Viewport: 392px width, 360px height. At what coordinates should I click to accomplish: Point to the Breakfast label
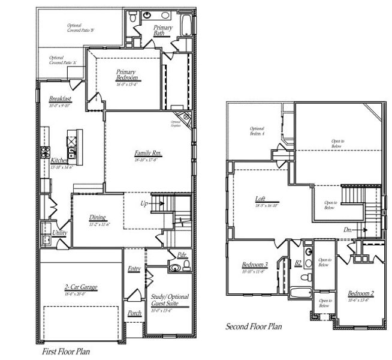click(60, 98)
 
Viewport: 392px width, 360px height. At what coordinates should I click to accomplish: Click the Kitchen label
click(59, 161)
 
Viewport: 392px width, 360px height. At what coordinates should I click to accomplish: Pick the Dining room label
click(98, 217)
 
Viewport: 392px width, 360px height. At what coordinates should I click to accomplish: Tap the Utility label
click(59, 233)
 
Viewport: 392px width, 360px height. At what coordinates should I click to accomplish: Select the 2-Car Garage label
click(80, 287)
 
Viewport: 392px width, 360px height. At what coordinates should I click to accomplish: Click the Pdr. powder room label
click(174, 254)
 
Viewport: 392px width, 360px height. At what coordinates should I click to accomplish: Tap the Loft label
click(260, 199)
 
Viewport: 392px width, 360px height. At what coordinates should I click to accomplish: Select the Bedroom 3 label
click(255, 265)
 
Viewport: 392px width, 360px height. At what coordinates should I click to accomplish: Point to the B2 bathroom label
click(298, 262)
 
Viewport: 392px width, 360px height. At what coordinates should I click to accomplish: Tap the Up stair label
click(144, 203)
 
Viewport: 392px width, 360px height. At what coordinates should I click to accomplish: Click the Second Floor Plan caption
click(254, 327)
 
